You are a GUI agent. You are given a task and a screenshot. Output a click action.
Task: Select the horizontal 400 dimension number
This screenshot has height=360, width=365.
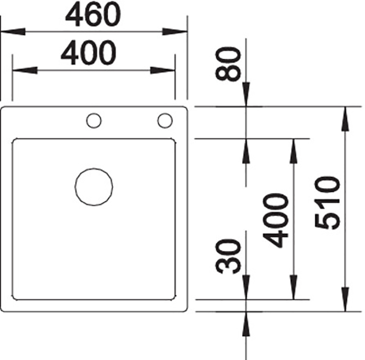pyautogui.click(x=88, y=52)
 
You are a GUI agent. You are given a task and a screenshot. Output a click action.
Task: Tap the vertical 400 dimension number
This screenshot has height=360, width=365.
pyautogui.click(x=275, y=220)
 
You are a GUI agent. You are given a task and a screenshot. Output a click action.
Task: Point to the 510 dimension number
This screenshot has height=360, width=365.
pyautogui.click(x=327, y=203)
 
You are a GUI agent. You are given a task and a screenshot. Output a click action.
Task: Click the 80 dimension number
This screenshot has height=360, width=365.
pyautogui.click(x=228, y=64)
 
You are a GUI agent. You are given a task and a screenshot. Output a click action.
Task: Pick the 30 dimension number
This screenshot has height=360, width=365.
pyautogui.click(x=228, y=256)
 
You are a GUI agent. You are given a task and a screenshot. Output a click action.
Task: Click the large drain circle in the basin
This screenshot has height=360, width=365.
pyautogui.click(x=94, y=168)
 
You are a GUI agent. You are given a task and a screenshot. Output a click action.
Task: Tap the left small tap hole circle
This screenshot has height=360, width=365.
pyautogui.click(x=94, y=114)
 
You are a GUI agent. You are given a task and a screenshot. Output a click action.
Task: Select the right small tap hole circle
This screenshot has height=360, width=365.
pyautogui.click(x=165, y=114)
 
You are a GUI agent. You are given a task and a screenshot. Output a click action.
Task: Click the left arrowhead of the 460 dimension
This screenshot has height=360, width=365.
pyautogui.click(x=13, y=32)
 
